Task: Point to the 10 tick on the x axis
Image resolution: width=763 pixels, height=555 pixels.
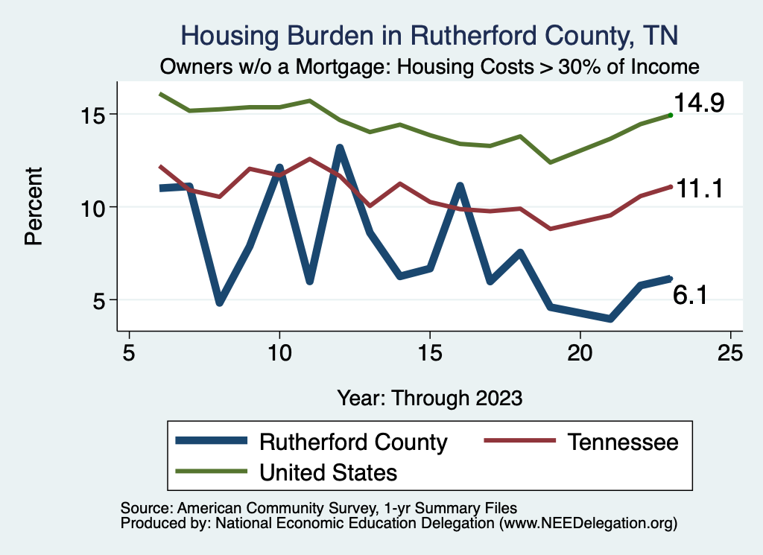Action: click(x=279, y=352)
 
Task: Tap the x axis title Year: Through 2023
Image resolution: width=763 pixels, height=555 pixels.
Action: click(x=429, y=397)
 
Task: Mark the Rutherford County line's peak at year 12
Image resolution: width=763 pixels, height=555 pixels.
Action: click(x=340, y=148)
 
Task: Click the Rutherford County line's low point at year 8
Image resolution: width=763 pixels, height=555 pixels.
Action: click(x=220, y=302)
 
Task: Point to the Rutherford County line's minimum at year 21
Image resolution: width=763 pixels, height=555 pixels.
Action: click(x=610, y=319)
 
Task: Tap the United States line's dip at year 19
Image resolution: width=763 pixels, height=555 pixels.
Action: click(x=551, y=162)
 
